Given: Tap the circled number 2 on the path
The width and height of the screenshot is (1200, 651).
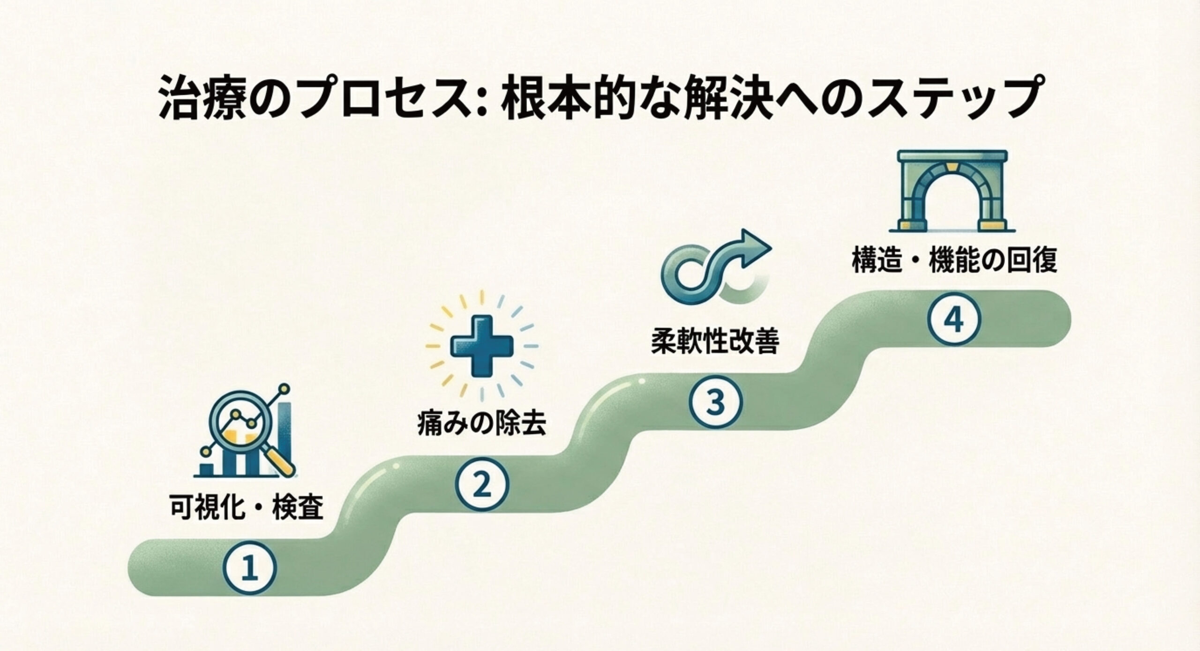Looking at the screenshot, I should tap(482, 486).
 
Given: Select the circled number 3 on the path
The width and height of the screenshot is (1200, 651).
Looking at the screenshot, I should tap(716, 403).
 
